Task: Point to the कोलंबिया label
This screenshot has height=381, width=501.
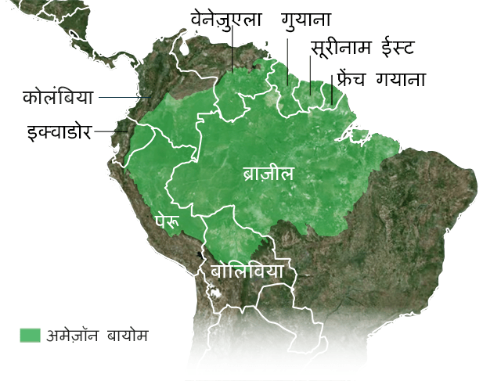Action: [x=58, y=98]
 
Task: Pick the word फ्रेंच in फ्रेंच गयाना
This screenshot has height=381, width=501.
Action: [x=353, y=78]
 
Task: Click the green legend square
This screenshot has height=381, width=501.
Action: [x=30, y=336]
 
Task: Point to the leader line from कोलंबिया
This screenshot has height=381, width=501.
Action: [x=124, y=98]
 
